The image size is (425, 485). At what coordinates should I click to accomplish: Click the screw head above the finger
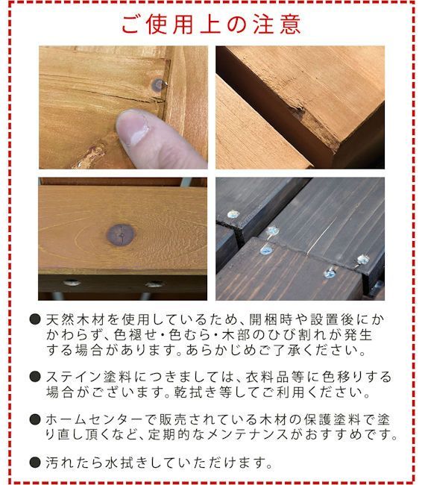pyautogui.click(x=157, y=85)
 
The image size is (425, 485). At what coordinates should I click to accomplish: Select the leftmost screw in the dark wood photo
pyautogui.click(x=233, y=214)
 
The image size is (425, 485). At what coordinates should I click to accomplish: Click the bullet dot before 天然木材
pyautogui.click(x=34, y=319)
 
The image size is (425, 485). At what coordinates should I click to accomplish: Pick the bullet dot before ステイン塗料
pyautogui.click(x=34, y=377)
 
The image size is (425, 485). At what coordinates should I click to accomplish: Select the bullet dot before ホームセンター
pyautogui.click(x=34, y=419)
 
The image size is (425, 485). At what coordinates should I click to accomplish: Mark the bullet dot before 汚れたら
pyautogui.click(x=34, y=463)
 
